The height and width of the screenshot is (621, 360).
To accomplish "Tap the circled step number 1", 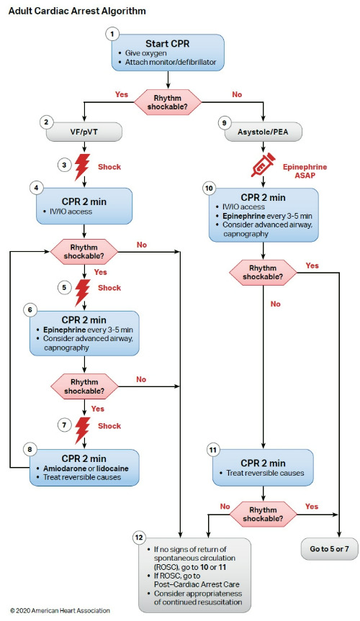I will (112, 34).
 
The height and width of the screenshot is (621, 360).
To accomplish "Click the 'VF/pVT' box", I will (86, 132).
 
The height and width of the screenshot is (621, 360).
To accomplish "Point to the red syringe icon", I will (264, 166).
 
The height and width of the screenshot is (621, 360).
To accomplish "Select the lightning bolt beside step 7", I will (85, 426).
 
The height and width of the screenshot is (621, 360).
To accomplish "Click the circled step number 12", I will (142, 538).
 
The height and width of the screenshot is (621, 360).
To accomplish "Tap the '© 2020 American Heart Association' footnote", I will (60, 610).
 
